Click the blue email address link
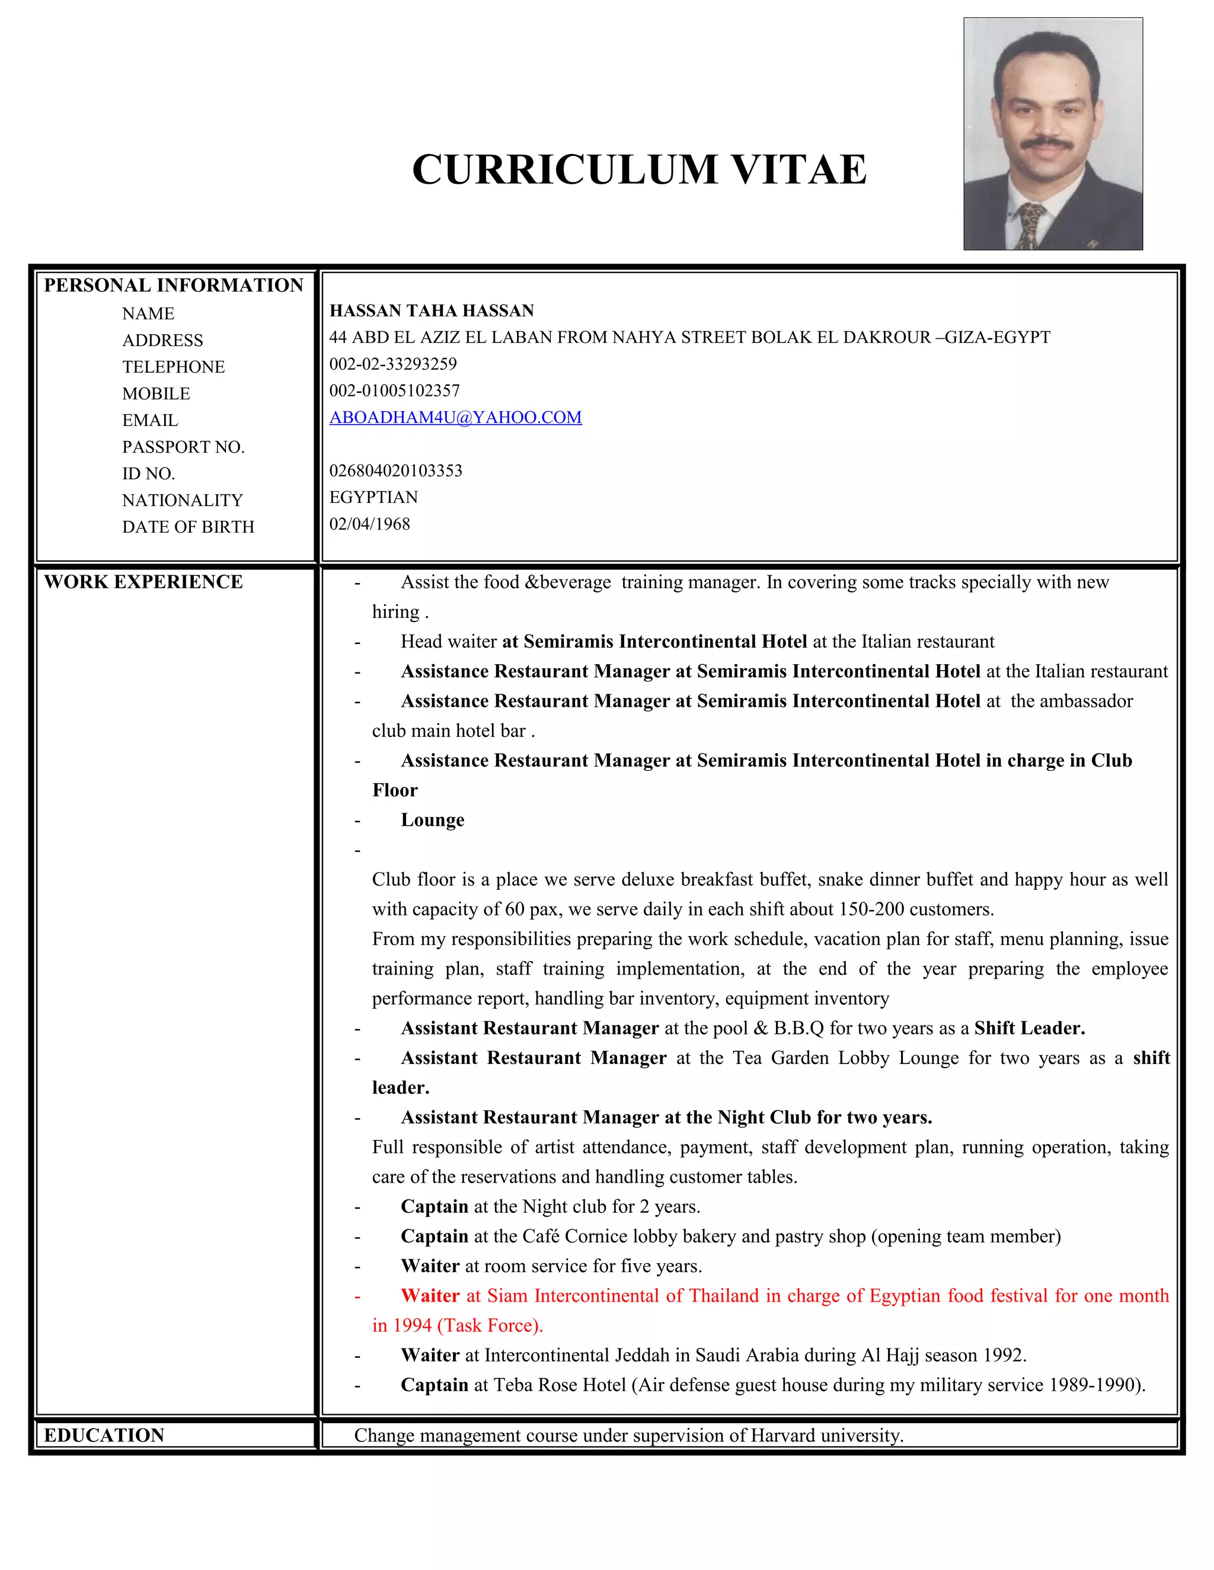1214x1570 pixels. pos(455,418)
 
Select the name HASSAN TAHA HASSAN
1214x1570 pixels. pos(432,310)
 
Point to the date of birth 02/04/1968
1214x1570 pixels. pos(370,524)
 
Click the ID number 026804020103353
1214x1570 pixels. pos(395,471)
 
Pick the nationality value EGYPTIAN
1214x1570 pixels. pos(373,498)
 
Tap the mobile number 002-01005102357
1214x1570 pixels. pos(394,391)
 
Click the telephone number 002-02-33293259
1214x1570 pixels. pos(392,364)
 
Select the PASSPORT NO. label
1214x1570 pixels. pos(183,447)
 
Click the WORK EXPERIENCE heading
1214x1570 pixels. pos(143,582)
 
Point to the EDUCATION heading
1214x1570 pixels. pos(104,1435)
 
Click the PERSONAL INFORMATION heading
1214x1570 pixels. pos(173,286)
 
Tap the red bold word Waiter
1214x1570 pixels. pos(430,1295)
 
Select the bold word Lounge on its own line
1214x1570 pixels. pos(432,820)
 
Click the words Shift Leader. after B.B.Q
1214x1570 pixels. pos(1029,1028)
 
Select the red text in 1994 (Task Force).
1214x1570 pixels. pos(458,1325)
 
